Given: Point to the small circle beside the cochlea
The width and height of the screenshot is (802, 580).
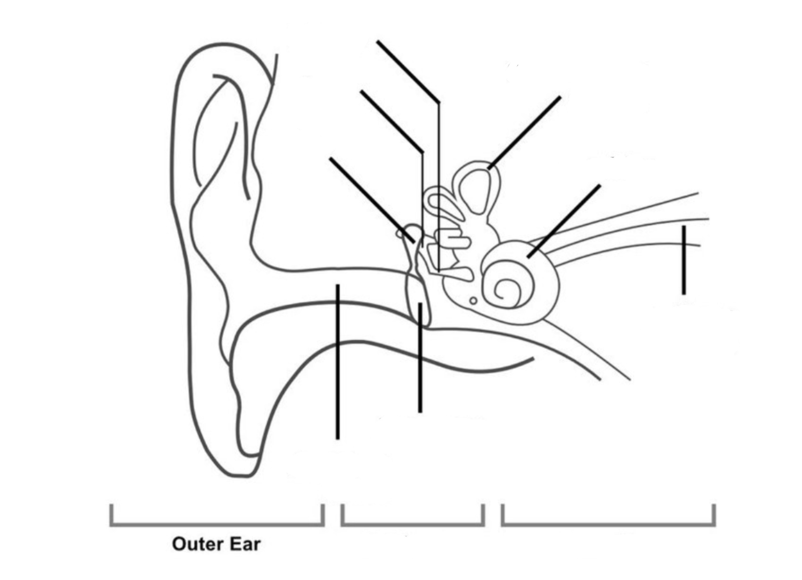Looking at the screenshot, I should click(473, 301).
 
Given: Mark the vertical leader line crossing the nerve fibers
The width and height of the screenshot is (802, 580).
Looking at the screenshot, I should click(684, 260).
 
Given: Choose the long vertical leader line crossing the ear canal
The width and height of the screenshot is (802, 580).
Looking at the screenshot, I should click(338, 361).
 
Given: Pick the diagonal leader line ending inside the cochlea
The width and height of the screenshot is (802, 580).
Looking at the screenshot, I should click(564, 221).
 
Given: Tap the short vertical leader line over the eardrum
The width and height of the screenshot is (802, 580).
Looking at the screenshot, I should click(420, 357).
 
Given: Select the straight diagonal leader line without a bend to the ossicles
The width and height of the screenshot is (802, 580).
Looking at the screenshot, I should click(371, 200).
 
